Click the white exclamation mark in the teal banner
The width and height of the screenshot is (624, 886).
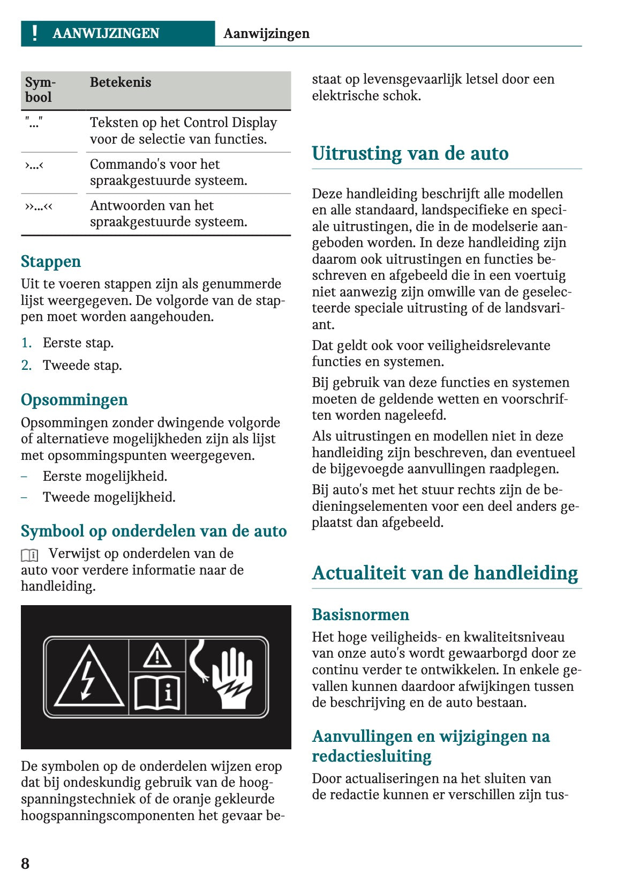35,33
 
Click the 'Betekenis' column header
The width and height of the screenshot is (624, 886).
120,83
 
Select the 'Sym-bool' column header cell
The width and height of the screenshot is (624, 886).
40,90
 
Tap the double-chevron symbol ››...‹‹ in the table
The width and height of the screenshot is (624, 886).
39,206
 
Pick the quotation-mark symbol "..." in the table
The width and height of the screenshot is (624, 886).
34,123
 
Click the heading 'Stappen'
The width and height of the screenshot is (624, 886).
51,262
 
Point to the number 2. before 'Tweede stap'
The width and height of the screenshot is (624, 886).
26,366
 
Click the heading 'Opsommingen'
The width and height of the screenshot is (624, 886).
74,400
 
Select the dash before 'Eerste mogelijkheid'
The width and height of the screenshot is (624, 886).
24,476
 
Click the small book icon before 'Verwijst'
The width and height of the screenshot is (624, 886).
29,555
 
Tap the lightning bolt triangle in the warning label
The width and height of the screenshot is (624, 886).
88,677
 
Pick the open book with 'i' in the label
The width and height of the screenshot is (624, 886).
157,693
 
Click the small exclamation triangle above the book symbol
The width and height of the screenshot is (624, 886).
157,655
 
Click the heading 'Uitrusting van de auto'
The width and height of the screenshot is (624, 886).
410,153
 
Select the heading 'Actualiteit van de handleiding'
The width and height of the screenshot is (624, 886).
445,573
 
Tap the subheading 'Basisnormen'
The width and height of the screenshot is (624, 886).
360,615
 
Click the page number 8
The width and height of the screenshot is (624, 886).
25,863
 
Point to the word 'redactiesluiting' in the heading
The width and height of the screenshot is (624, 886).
372,756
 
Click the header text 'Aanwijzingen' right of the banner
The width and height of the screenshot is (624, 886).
266,34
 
